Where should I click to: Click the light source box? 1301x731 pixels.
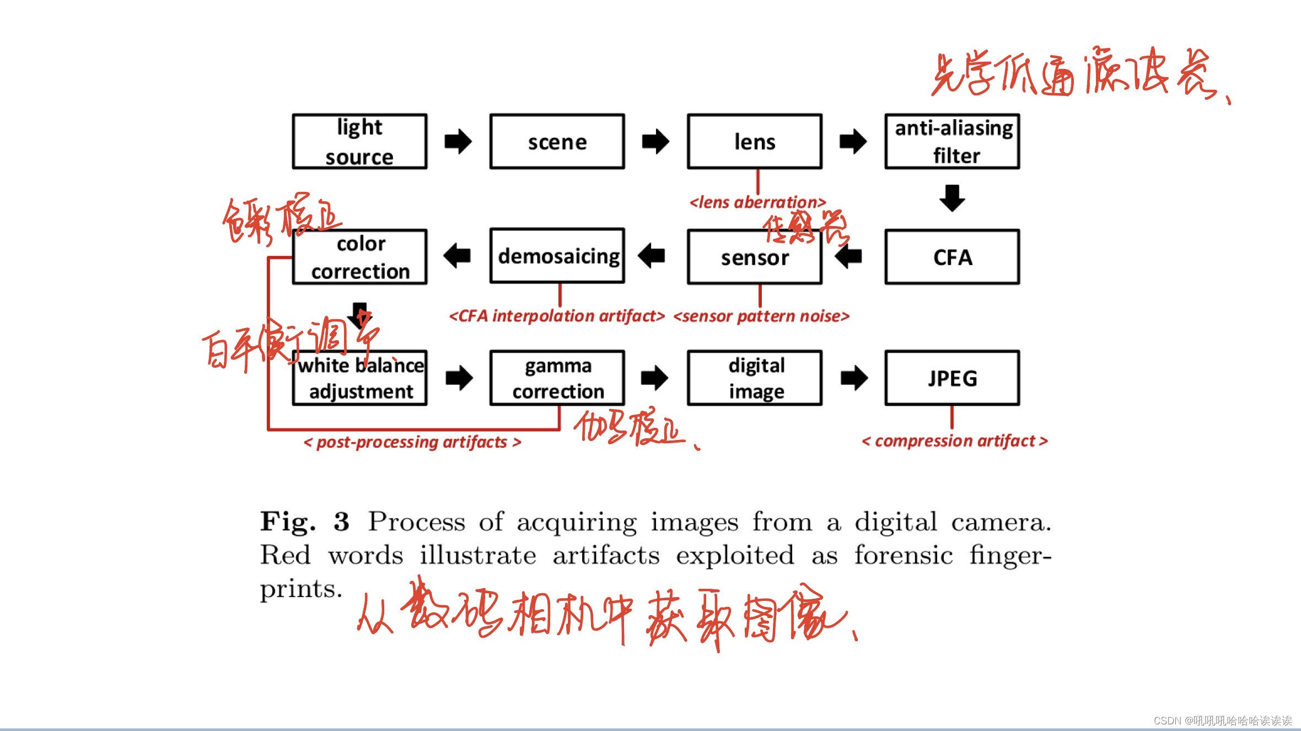359,142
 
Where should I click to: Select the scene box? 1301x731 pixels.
557,142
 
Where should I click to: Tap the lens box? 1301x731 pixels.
755,142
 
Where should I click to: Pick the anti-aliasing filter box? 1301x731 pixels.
952,142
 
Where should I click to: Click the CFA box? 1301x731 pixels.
952,257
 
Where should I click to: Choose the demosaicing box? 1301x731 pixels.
557,256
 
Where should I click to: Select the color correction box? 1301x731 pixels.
359,257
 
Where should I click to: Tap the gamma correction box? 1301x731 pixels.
557,378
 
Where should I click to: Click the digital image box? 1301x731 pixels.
755,378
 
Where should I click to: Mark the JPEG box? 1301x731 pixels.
952,378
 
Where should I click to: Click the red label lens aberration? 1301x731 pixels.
757,202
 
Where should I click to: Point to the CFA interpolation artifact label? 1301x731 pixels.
557,316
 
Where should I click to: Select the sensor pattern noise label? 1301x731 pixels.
761,316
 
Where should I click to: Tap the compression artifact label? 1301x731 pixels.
954,441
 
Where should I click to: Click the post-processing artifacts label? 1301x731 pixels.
412,442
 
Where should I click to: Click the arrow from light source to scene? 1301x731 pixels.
458,142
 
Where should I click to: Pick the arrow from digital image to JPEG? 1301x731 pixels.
854,378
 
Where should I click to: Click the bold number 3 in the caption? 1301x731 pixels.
341,522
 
